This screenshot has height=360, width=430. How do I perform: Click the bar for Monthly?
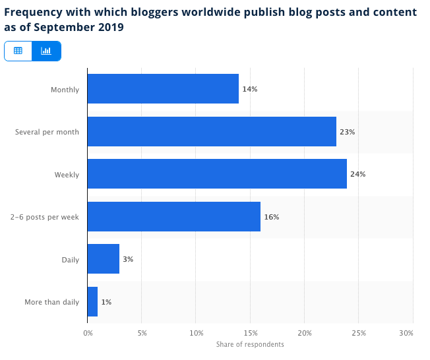(x=163, y=89)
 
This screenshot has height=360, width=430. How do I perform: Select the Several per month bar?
(x=212, y=132)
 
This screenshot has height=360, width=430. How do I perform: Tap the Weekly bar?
(x=217, y=174)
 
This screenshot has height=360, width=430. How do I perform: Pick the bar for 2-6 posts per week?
(x=173, y=217)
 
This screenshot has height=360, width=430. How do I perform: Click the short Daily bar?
(x=103, y=259)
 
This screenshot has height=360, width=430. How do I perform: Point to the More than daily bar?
(x=92, y=302)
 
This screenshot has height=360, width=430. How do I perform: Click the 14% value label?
(x=249, y=89)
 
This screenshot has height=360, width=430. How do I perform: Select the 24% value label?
(x=357, y=174)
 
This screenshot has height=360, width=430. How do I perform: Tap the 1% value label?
(x=106, y=302)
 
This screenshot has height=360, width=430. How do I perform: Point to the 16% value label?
(x=271, y=217)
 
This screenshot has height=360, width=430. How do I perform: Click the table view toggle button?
(x=18, y=51)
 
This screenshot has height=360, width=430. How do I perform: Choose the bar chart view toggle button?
(x=46, y=51)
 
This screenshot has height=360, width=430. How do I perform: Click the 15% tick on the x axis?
(x=250, y=334)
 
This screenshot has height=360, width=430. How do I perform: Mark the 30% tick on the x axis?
(x=406, y=334)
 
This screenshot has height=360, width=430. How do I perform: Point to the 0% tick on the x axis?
(x=88, y=334)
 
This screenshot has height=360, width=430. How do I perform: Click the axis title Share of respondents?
(x=250, y=344)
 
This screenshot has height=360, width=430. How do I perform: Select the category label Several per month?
(x=47, y=132)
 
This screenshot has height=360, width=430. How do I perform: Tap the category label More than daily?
(x=51, y=302)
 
